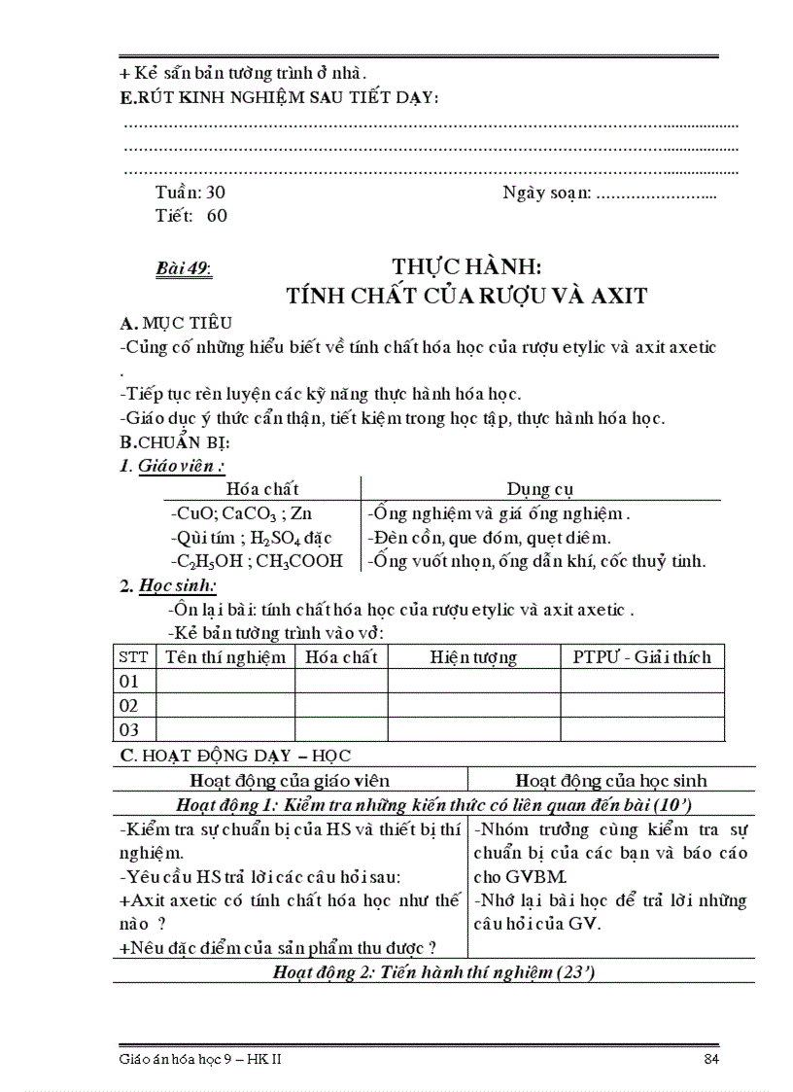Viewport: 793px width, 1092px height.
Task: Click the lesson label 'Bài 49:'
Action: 185,268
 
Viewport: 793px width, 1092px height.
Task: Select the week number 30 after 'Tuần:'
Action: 216,193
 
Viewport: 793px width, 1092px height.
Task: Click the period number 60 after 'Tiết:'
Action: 217,216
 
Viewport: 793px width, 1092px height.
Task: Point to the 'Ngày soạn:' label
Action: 546,193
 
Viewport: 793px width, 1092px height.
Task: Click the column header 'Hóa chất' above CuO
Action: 262,489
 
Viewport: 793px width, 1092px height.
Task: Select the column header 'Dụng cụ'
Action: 540,489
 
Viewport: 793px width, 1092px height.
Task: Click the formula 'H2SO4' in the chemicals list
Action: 277,538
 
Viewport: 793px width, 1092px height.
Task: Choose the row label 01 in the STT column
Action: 129,682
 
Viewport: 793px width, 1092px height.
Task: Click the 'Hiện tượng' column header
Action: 473,657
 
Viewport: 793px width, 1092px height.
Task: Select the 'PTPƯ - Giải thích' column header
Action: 641,657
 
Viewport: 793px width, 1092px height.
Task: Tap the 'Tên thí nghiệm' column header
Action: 225,657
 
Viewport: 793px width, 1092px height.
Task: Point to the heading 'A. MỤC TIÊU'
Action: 175,323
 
